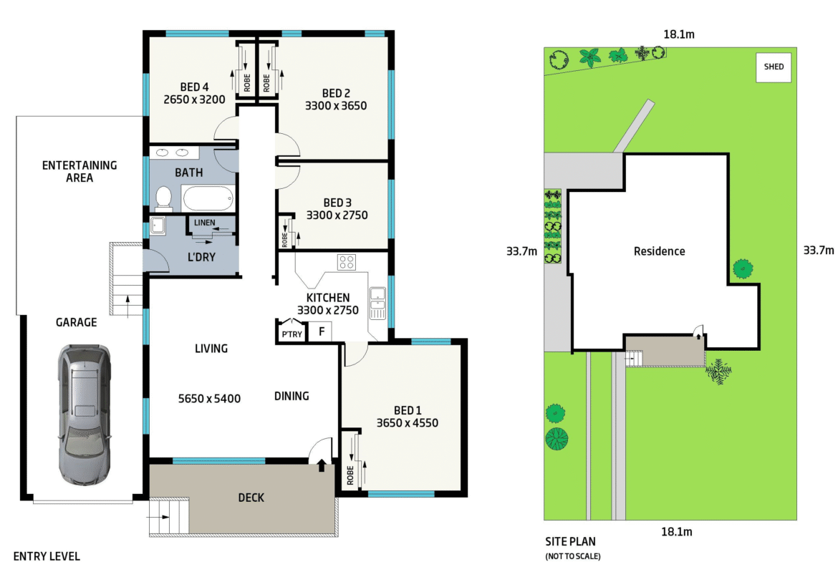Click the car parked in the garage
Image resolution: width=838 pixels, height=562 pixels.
(x=85, y=415)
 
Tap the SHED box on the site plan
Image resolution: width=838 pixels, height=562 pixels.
(x=774, y=67)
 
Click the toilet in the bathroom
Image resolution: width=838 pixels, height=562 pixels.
(x=163, y=198)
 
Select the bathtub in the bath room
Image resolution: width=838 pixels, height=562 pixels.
(x=208, y=198)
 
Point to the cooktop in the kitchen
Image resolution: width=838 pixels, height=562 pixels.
(x=347, y=262)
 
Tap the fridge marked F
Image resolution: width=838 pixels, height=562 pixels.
(x=322, y=331)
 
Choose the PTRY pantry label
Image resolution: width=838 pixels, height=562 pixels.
(x=292, y=334)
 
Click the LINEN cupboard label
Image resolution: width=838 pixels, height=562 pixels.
(x=205, y=222)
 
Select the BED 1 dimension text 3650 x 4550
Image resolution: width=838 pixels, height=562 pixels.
(x=408, y=423)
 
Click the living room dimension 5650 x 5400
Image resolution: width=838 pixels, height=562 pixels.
(x=209, y=399)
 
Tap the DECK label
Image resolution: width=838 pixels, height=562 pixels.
(x=251, y=498)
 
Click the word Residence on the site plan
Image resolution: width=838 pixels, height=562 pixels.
(x=660, y=251)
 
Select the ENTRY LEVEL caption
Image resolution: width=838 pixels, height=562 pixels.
(x=47, y=556)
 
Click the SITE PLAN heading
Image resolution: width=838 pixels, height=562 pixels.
(x=570, y=542)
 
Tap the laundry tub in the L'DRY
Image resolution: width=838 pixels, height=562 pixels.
(x=158, y=226)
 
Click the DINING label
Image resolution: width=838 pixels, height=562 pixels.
(x=292, y=396)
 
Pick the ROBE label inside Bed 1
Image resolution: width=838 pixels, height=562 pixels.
(x=350, y=475)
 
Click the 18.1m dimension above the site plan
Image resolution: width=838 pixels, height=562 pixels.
(x=679, y=35)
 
